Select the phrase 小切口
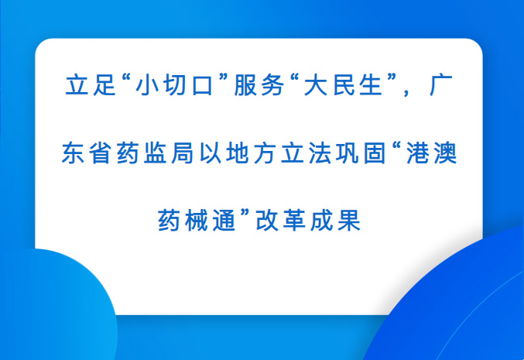[x=174, y=85]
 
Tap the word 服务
[x=259, y=85]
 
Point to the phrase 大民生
[x=343, y=85]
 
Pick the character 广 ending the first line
[x=441, y=85]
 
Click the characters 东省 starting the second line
[x=86, y=153]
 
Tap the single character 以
[x=211, y=153]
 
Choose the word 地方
[x=252, y=153]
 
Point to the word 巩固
[x=361, y=153]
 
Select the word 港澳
[x=432, y=153]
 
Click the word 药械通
[x=197, y=221]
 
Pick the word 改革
[x=280, y=221]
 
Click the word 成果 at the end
[x=335, y=221]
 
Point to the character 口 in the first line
[x=201, y=86]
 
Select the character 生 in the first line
[x=371, y=85]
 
